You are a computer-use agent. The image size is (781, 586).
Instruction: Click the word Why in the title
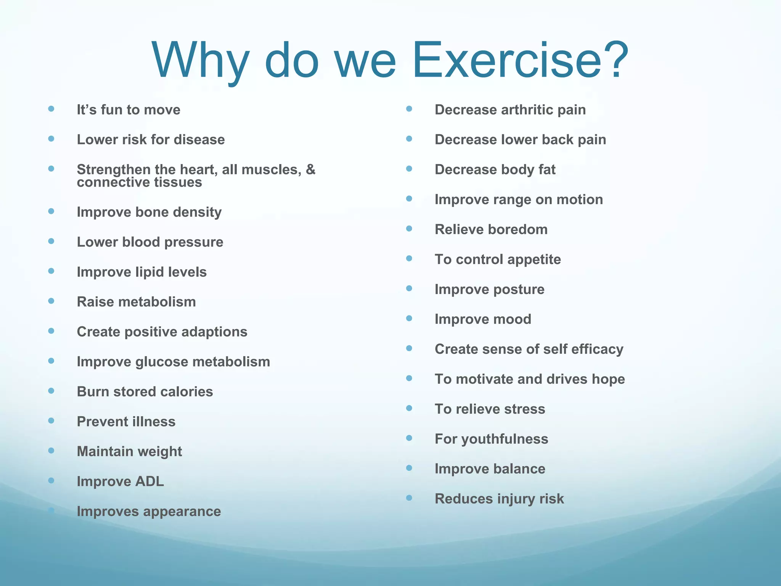pos(201,61)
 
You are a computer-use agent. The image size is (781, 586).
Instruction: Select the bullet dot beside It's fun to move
pos(51,109)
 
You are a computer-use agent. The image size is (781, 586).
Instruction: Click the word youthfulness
pos(505,439)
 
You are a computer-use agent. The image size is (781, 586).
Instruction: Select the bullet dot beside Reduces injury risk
pos(409,498)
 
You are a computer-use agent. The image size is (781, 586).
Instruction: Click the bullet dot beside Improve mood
pos(409,318)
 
